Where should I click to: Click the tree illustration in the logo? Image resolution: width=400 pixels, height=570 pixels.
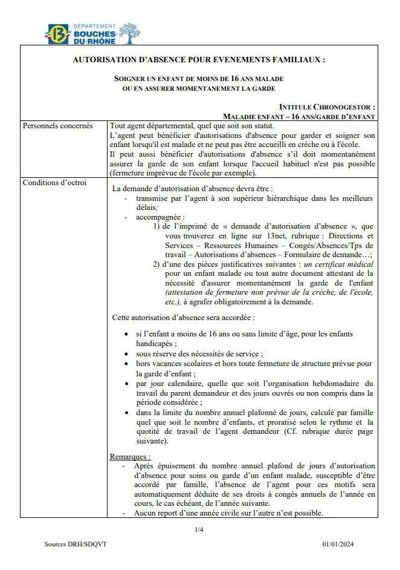coord(129,33)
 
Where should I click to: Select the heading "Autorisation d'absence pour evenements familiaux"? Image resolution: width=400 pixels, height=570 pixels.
coord(199,61)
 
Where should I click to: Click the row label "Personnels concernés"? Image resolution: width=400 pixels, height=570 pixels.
coord(57,126)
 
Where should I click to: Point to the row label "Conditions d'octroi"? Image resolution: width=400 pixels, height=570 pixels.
coord(54,183)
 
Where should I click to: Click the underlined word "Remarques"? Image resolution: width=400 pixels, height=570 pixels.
coord(130,456)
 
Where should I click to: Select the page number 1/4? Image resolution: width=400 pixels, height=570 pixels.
coord(199,531)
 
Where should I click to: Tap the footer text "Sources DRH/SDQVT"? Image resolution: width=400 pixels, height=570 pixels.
coord(73,544)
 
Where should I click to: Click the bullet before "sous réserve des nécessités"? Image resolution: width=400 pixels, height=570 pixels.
coord(125,354)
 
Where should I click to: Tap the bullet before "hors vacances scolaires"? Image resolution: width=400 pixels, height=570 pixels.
coord(125,364)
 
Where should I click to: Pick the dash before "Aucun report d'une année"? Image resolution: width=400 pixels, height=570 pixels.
coord(124,513)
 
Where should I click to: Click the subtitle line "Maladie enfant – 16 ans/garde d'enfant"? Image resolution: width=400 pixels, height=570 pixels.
coord(298,116)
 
